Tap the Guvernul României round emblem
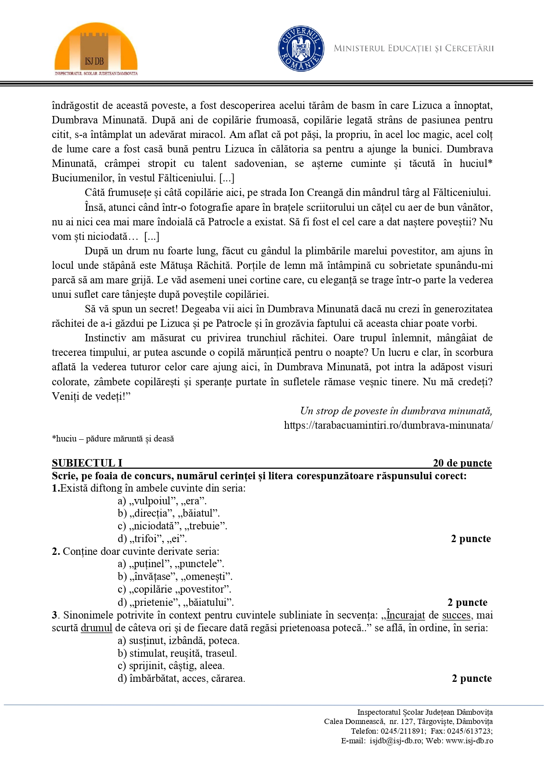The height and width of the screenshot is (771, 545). [x=301, y=48]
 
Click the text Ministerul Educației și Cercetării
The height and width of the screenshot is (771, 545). [x=414, y=48]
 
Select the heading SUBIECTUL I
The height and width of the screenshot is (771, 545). [x=87, y=463]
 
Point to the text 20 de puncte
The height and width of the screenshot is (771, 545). [x=462, y=463]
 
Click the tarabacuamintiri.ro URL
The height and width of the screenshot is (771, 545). [x=388, y=425]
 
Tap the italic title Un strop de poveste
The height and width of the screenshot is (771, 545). [x=396, y=411]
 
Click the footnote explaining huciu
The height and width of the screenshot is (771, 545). [x=113, y=439]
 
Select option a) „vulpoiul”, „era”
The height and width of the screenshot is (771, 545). [x=162, y=501]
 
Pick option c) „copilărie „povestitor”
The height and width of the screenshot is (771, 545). [x=174, y=589]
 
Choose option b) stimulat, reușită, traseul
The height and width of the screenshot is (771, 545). [x=177, y=653]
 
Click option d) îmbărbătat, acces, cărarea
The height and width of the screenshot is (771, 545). [x=181, y=678]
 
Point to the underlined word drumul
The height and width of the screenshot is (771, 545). [x=97, y=628]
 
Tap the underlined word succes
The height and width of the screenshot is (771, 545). [x=457, y=615]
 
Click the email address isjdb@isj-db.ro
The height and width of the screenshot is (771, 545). [x=396, y=741]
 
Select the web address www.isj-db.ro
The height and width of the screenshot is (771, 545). [x=469, y=741]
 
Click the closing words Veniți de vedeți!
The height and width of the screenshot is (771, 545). [x=91, y=396]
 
